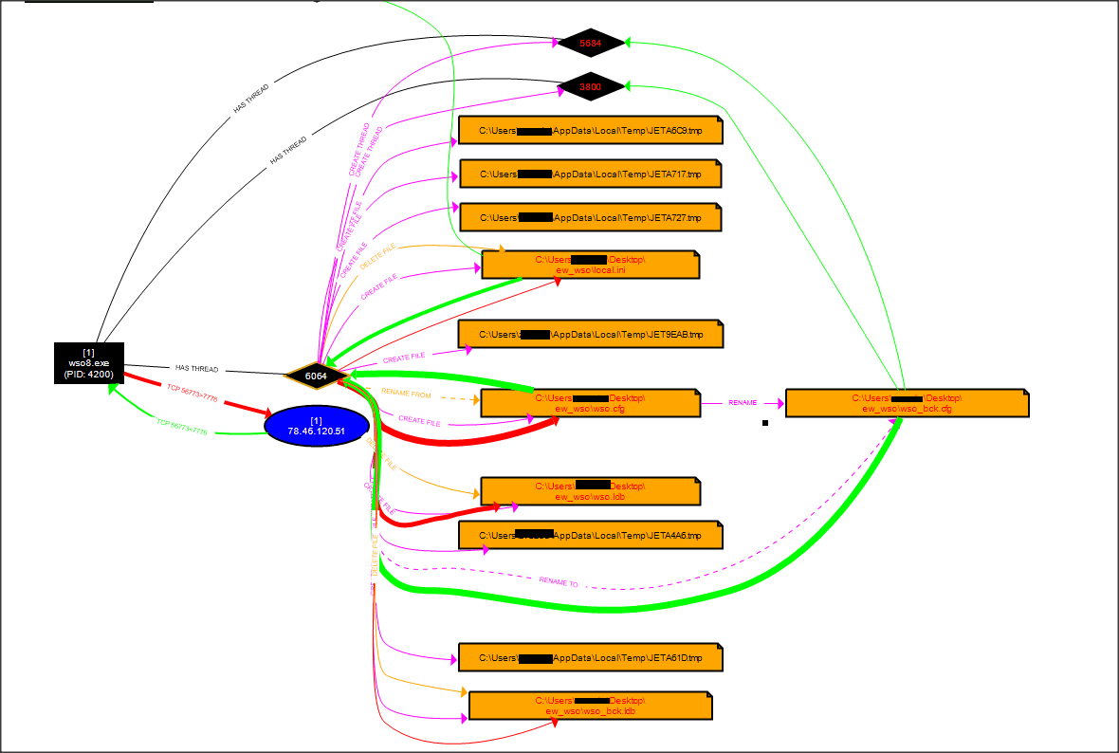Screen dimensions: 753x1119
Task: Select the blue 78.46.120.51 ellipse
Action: (316, 426)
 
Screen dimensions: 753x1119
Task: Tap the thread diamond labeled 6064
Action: (316, 376)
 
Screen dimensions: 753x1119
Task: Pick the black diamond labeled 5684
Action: (591, 43)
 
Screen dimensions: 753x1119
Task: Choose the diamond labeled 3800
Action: (591, 87)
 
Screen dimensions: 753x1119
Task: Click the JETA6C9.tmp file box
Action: (590, 130)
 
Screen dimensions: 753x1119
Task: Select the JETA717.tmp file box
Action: (590, 174)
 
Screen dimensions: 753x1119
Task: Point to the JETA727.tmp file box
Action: (590, 217)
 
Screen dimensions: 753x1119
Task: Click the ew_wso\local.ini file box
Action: (590, 265)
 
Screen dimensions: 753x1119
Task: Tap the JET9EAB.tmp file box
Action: (590, 334)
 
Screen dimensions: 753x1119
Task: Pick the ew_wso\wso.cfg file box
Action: (590, 403)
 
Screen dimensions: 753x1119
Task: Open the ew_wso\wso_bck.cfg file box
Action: (907, 403)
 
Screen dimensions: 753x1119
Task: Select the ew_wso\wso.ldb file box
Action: (590, 491)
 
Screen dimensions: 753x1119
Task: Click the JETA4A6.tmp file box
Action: (590, 535)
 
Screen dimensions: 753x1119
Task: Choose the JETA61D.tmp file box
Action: (590, 657)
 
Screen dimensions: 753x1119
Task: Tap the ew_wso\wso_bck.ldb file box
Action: (590, 706)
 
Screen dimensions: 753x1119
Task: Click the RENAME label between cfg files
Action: (743, 403)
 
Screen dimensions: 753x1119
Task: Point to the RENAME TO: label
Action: (559, 581)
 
